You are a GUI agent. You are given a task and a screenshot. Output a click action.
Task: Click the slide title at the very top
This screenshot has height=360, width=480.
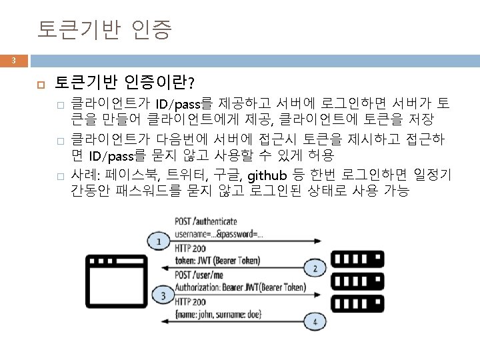[105, 30]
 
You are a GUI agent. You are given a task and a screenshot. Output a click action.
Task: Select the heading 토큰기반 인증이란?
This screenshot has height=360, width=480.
[125, 83]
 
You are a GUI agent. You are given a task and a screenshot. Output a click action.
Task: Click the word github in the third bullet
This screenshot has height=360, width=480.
[267, 176]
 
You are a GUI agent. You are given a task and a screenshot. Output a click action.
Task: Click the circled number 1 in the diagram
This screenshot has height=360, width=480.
[159, 241]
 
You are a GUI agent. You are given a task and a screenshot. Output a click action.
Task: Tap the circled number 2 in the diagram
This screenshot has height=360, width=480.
[315, 269]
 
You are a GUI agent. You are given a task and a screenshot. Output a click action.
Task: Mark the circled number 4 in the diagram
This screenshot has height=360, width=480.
[315, 322]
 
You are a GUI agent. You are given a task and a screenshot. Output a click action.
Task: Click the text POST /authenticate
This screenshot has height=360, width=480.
[209, 221]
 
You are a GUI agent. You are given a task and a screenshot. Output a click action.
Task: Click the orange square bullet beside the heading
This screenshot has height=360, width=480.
[41, 83]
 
